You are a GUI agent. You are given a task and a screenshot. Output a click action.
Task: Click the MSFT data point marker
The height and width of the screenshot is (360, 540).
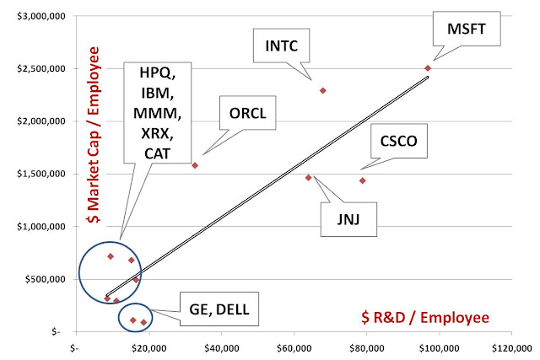click(x=428, y=68)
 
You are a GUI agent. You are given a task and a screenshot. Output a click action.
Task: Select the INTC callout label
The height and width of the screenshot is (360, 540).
click(x=281, y=46)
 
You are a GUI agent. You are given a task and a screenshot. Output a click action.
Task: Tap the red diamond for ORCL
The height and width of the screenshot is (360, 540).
click(x=195, y=165)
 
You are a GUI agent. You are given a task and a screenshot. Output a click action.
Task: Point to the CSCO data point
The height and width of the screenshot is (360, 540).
click(x=362, y=180)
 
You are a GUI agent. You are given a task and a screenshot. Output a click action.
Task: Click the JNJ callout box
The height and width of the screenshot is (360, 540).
click(x=348, y=219)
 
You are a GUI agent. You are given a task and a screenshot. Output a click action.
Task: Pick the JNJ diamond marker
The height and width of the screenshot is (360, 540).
click(x=308, y=178)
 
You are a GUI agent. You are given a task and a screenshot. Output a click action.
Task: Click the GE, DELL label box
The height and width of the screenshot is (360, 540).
click(x=219, y=309)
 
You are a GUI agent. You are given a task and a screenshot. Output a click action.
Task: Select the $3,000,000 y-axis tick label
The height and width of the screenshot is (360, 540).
click(x=41, y=16)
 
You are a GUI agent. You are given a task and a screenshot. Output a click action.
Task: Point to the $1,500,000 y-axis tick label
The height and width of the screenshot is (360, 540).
click(x=41, y=174)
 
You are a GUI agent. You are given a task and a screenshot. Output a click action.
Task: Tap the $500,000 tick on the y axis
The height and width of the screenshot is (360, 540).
click(x=45, y=279)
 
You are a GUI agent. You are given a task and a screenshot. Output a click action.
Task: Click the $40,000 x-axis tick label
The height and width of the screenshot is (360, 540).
click(x=222, y=348)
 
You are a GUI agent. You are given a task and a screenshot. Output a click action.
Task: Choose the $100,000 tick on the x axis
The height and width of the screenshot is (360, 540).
click(x=439, y=348)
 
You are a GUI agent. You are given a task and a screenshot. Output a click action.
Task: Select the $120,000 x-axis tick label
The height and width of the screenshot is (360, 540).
click(x=512, y=348)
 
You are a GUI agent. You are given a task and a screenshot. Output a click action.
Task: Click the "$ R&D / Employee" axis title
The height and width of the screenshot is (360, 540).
click(x=425, y=317)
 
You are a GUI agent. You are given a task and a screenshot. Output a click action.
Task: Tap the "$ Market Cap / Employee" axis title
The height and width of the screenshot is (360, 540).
click(x=94, y=135)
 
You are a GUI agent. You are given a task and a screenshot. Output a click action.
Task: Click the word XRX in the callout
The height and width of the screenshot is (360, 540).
click(x=158, y=133)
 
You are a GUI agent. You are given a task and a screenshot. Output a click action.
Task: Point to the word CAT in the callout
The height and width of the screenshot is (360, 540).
click(x=158, y=153)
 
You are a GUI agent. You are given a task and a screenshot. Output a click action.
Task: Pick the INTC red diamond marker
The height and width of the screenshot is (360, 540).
click(x=322, y=90)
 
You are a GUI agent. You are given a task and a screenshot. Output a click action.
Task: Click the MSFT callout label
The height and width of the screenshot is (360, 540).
click(x=467, y=29)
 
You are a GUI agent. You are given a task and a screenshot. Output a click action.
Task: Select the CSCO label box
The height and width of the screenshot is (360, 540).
click(x=399, y=141)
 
